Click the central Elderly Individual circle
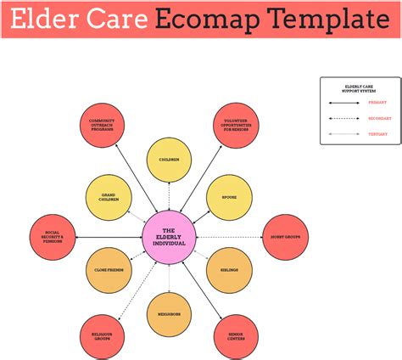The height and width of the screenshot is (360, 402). coord(168,237)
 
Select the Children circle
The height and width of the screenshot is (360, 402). coord(169,159)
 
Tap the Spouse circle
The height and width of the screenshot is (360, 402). coord(229,198)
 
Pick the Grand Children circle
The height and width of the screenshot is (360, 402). coord(109,198)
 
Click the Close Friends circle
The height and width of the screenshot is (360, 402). coord(109,271)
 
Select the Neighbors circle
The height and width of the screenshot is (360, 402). coord(169,313)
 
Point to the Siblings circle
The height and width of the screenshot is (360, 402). coord(229,271)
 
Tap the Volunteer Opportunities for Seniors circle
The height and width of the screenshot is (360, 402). coord(236,125)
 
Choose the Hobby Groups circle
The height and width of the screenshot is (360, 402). coord(285,237)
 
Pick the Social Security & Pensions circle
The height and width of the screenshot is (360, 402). coord(53,237)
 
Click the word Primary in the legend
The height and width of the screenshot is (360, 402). coord(377,102)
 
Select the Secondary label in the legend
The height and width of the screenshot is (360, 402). coord(378,118)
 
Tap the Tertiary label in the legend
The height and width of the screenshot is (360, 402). coord(377,134)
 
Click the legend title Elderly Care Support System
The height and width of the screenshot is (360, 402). coord(360,87)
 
